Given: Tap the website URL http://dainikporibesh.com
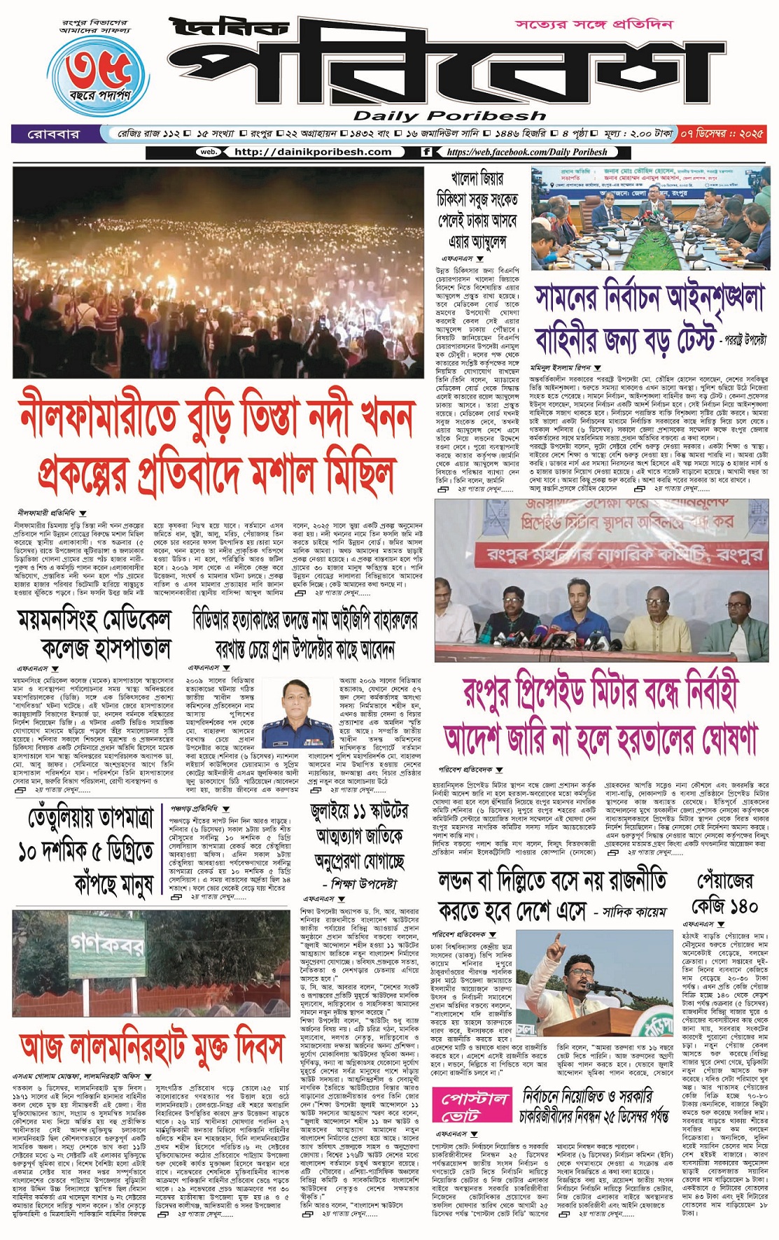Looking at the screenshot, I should pos(312,152).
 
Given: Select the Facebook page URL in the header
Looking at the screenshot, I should pos(526,152).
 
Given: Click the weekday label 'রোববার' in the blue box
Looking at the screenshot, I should pos(53,133).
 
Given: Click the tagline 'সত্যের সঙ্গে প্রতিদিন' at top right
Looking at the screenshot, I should pos(594,24).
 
